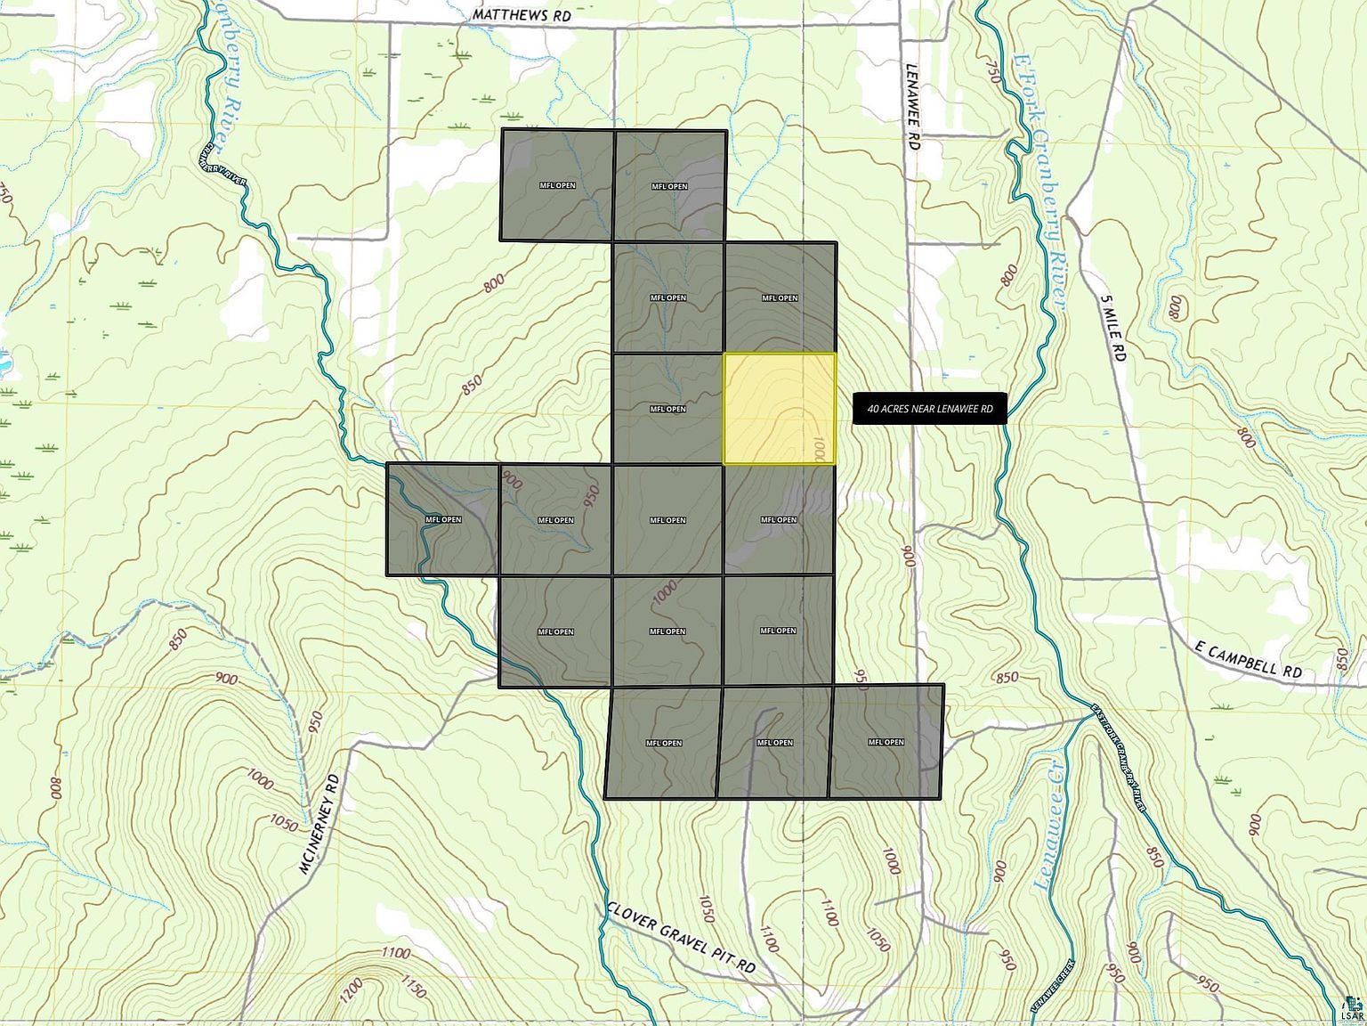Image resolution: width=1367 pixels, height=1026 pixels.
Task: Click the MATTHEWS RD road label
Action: tap(522, 15)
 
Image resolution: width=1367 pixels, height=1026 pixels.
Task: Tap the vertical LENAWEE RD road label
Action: tap(912, 106)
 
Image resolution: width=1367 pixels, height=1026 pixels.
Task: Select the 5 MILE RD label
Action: tap(1112, 329)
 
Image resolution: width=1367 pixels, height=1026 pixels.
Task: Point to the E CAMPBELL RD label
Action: tap(1249, 660)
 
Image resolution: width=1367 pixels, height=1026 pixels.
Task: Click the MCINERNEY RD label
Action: tap(320, 823)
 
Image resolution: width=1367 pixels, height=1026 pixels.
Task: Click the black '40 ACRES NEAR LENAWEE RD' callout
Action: tap(929, 409)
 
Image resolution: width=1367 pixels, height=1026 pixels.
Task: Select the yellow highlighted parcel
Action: tap(779, 409)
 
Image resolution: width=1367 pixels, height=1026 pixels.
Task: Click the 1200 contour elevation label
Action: tap(352, 988)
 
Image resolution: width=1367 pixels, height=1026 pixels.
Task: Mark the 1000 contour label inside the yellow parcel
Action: tap(820, 448)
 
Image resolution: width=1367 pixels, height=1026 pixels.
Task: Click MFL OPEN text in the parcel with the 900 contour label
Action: tap(555, 520)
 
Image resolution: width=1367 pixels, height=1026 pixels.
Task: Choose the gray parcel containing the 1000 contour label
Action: tap(667, 631)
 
